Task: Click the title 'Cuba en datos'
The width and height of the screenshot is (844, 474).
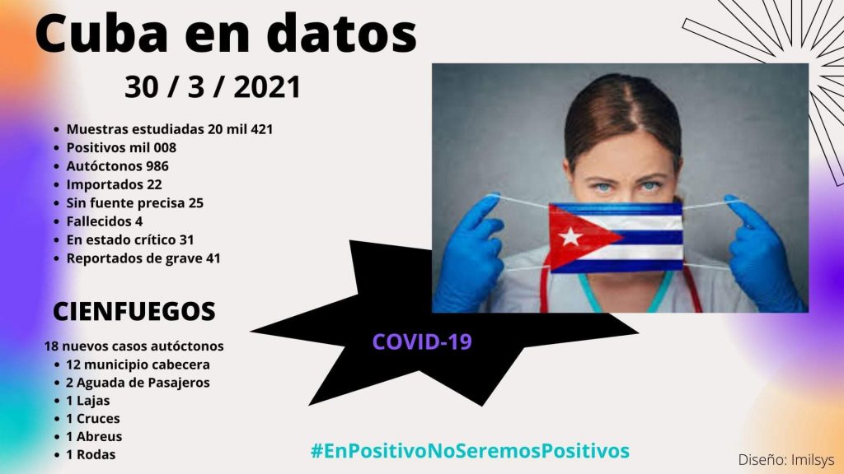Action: [226, 33]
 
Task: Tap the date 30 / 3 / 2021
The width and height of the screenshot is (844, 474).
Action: [213, 87]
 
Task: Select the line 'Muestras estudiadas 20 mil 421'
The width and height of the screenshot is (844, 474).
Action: [170, 129]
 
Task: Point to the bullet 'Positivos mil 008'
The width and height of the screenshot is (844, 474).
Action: [121, 148]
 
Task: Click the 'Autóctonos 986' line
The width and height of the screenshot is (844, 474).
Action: [117, 166]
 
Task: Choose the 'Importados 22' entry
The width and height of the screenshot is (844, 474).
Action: [114, 185]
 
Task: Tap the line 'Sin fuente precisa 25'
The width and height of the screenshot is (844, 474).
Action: [134, 203]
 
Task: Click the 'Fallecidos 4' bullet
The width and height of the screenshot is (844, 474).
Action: [105, 221]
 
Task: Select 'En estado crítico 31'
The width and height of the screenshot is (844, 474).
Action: [129, 239]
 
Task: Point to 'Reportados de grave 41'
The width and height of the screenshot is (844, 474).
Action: [143, 258]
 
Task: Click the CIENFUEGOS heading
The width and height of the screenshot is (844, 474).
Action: [134, 312]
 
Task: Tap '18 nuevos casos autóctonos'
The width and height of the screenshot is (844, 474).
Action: [134, 346]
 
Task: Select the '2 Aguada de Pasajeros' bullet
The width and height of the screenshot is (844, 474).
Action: [138, 383]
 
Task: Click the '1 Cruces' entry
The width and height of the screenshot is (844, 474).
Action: [93, 419]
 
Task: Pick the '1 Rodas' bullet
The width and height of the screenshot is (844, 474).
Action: [91, 454]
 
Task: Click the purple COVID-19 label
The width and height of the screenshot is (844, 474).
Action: [422, 342]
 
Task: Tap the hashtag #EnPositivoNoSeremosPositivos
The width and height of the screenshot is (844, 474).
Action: [470, 450]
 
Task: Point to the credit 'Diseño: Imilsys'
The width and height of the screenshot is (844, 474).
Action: [785, 460]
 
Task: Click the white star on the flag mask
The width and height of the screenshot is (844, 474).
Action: [570, 236]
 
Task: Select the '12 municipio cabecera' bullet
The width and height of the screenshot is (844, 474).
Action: [138, 365]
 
